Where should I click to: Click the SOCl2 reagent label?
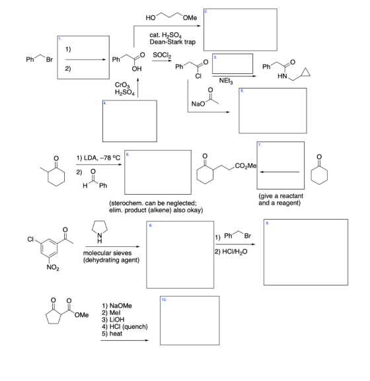click(162, 55)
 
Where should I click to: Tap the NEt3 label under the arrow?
click(226, 81)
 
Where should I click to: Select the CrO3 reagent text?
click(122, 85)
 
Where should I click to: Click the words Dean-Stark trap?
click(172, 42)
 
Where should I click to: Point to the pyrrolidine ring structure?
click(100, 226)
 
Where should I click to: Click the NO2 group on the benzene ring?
click(53, 267)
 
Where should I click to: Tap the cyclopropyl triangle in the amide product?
click(305, 73)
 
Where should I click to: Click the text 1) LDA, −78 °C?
click(98, 158)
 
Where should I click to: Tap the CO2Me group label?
click(246, 166)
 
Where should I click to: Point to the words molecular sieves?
click(107, 253)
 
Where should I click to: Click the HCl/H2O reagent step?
click(231, 252)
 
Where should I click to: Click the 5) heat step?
click(112, 333)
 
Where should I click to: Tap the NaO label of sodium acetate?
click(198, 104)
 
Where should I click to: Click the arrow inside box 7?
click(279, 172)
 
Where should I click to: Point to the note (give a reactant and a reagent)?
click(281, 199)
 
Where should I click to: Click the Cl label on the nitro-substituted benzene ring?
click(30, 239)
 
